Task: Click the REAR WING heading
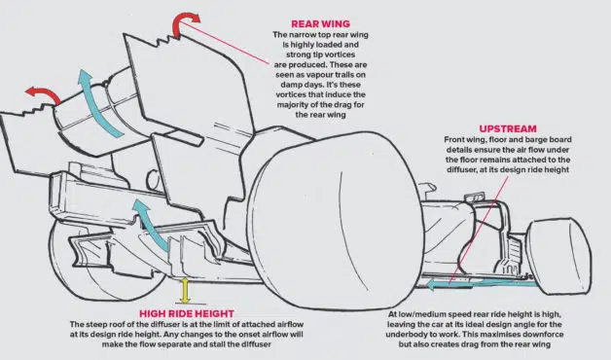tap(320, 23)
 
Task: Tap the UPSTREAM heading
tap(508, 128)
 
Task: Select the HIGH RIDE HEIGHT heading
tap(187, 313)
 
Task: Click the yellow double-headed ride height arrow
tap(185, 291)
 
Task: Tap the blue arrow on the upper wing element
tap(95, 103)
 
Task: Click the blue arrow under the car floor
tap(484, 284)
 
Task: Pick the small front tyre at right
tap(559, 257)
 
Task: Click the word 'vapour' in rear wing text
tap(321, 74)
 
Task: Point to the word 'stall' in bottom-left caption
tap(235, 344)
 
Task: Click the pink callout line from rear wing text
tap(224, 43)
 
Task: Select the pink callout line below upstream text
tap(479, 230)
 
